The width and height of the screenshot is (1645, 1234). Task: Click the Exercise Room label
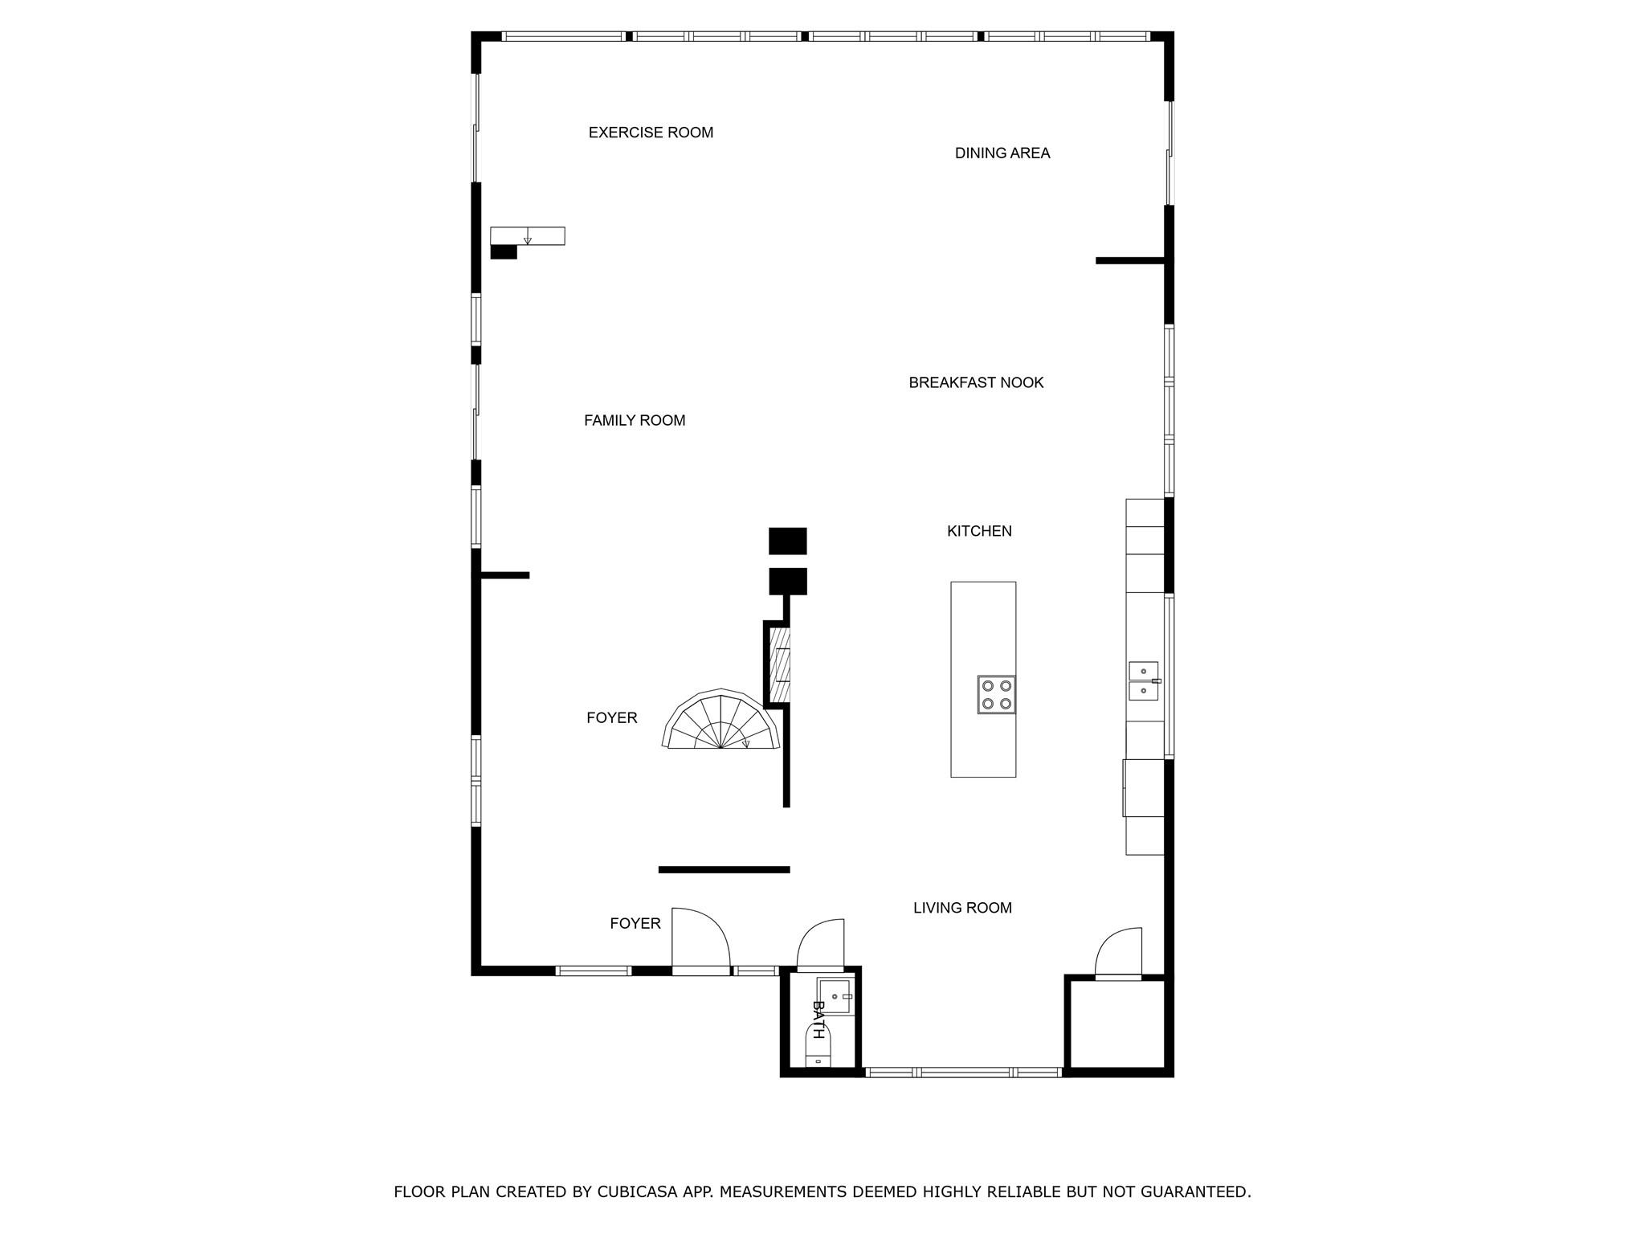651,133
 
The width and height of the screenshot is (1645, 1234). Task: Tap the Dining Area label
1002,153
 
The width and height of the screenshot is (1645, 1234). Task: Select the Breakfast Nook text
976,382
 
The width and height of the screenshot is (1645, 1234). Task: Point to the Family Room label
635,420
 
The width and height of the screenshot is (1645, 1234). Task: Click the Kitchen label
979,531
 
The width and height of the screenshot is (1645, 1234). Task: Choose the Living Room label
962,908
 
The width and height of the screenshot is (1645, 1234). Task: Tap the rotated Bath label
818,1020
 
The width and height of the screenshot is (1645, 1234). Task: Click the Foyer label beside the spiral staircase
611,717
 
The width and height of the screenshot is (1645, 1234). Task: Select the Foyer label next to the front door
635,924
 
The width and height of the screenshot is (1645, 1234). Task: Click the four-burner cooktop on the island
996,695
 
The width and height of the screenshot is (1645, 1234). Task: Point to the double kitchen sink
1144,680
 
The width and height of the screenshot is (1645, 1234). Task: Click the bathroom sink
835,996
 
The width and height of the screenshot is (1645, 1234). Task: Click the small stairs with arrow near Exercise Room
527,235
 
